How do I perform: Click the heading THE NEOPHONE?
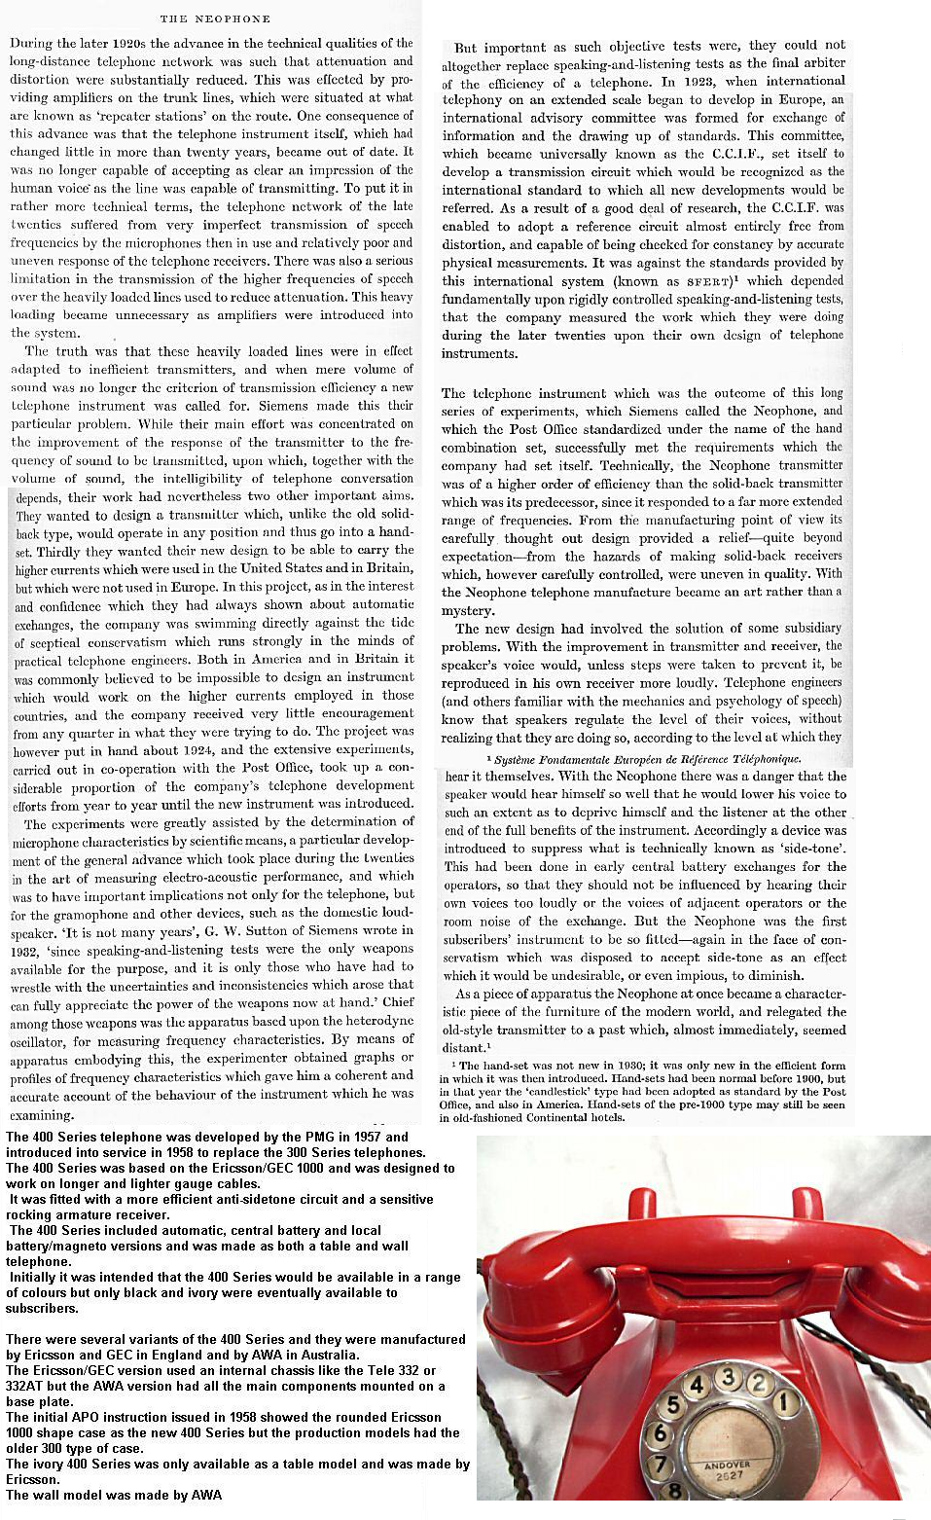pos(215,18)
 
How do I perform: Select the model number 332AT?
pos(26,1386)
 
